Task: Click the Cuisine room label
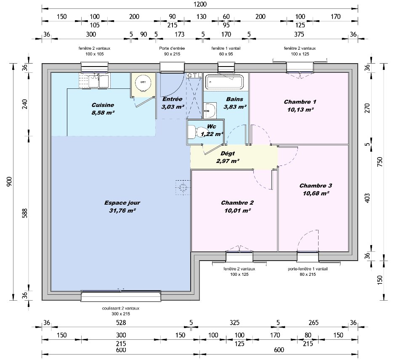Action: [103, 105]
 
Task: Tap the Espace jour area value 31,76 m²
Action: [122, 211]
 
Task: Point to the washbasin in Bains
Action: [210, 110]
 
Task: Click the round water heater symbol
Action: [143, 82]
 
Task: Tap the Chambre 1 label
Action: [300, 102]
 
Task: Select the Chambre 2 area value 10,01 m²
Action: [237, 211]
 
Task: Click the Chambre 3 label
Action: [316, 186]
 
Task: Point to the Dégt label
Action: [228, 154]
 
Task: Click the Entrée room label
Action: [173, 99]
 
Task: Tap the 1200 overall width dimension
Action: [200, 4]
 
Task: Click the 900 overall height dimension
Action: [9, 182]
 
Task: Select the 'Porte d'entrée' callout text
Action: [172, 48]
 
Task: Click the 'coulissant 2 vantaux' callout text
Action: [121, 308]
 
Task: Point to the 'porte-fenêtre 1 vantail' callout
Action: [308, 269]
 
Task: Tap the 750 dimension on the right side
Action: [380, 162]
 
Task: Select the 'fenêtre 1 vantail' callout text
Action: [226, 48]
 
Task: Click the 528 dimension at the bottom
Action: [121, 323]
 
